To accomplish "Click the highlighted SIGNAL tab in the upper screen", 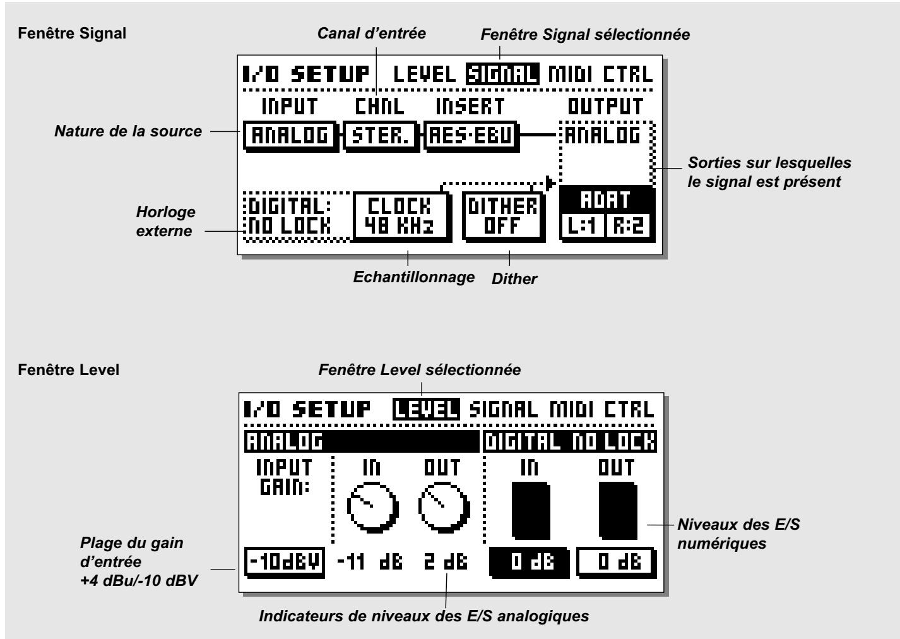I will (502, 75).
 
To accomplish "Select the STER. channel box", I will (381, 136).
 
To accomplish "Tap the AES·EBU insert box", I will (468, 136).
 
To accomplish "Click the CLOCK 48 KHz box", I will (403, 215).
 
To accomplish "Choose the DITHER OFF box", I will (502, 215).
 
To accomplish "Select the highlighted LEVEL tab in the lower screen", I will (425, 410).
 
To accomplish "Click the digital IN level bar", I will (530, 509).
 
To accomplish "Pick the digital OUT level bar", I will (617, 509).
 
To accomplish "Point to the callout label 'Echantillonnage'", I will (414, 277).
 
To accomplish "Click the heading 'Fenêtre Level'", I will (69, 369).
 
